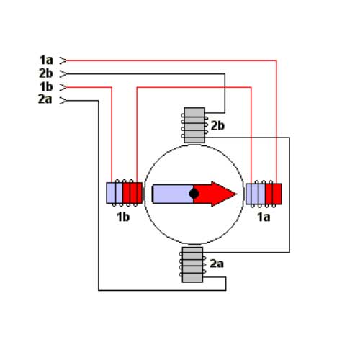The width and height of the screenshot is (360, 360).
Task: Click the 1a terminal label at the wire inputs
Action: tap(46, 60)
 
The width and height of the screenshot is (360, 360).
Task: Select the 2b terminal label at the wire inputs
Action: tap(46, 73)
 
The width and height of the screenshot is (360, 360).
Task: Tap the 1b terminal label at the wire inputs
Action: tap(46, 86)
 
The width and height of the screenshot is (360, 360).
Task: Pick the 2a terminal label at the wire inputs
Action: tap(45, 99)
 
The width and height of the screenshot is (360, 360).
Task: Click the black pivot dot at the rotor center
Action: tap(194, 194)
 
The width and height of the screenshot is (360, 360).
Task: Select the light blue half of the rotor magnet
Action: tap(173, 194)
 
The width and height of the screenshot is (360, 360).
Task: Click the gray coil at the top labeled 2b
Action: tap(194, 125)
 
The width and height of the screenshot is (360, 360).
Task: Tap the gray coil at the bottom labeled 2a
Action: tap(192, 265)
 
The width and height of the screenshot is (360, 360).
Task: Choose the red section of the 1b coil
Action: tap(132, 193)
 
